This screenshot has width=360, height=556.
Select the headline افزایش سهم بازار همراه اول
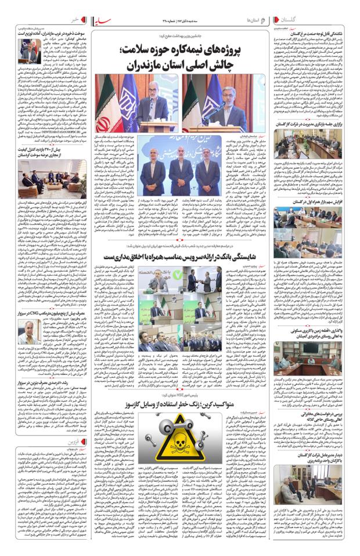tap(308, 201)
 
